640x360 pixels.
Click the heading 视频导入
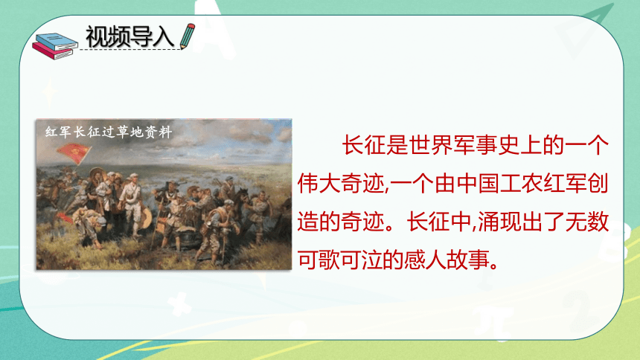coord(130,36)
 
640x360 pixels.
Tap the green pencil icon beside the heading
coord(188,36)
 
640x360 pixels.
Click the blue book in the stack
coord(57,42)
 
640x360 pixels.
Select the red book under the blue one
coord(52,52)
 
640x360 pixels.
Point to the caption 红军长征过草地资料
coord(109,132)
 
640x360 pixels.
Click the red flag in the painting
coord(74,153)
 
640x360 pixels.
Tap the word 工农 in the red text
coord(523,184)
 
